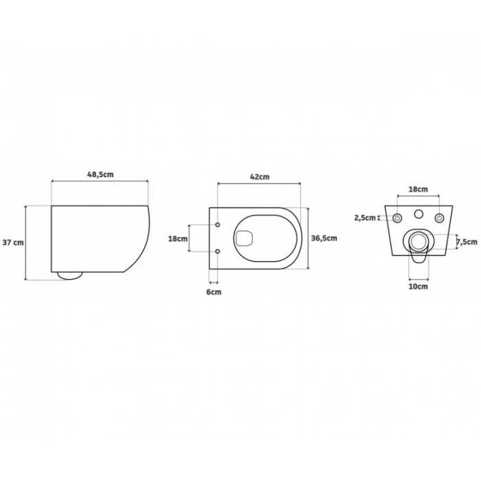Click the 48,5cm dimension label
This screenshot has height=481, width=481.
(x=100, y=175)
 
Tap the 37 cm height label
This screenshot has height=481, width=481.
(x=13, y=243)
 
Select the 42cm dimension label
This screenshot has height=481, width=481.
(x=260, y=177)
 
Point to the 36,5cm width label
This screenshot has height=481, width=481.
(x=324, y=238)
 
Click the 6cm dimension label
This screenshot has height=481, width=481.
(x=214, y=292)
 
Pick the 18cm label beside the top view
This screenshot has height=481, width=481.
(x=178, y=238)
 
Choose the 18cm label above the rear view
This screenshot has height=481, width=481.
(x=418, y=189)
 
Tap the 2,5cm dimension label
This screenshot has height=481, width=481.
(x=365, y=218)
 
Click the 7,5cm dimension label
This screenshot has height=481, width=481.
(x=467, y=242)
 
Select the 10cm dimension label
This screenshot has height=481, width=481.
(x=418, y=287)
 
